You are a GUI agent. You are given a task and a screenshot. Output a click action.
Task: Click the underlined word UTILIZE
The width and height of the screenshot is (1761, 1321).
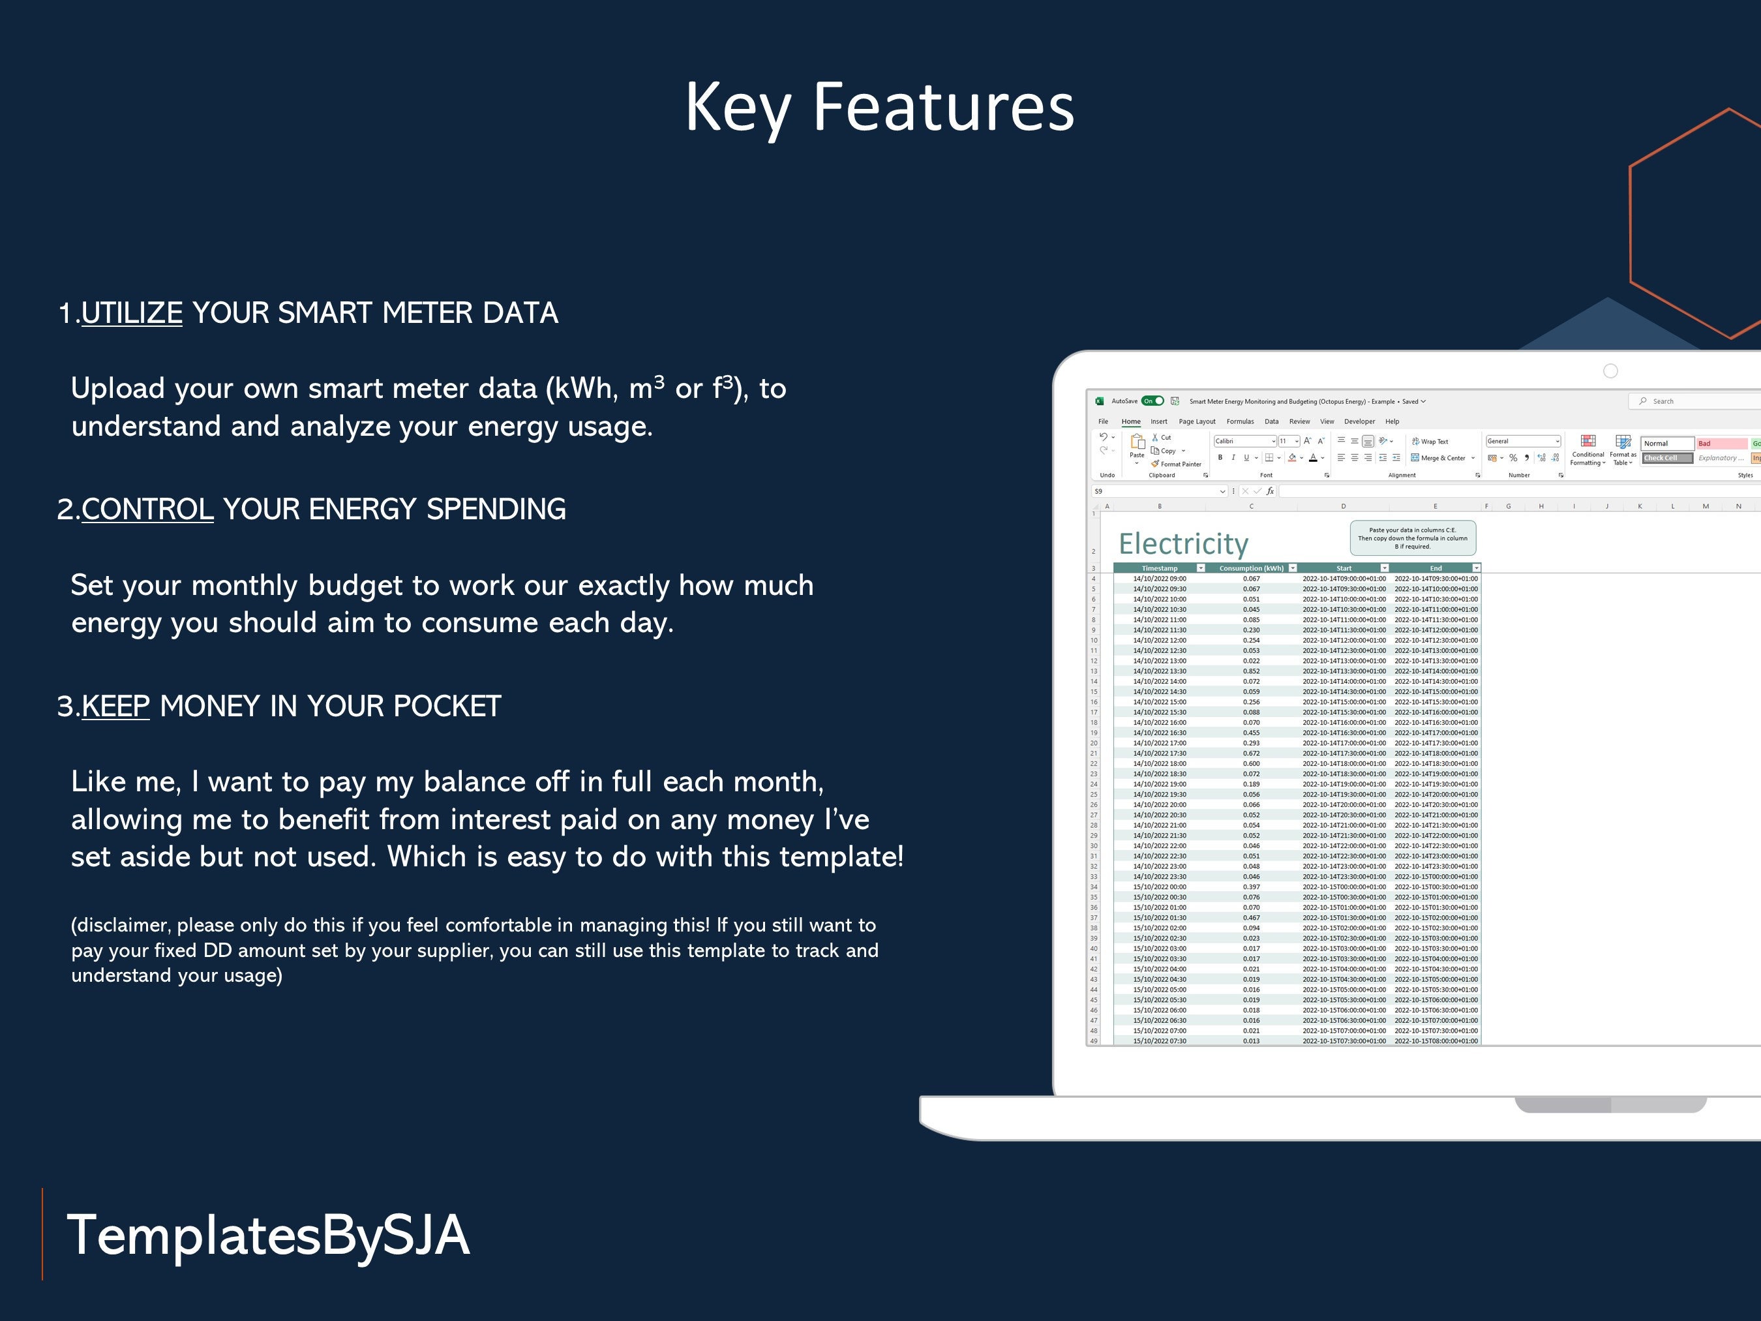132,313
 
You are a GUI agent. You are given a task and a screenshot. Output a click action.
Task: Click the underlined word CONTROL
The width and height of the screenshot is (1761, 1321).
147,509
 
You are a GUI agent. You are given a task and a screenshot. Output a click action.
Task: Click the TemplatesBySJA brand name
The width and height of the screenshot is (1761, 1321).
268,1235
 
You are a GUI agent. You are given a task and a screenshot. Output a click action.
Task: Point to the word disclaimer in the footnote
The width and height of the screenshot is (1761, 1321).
123,925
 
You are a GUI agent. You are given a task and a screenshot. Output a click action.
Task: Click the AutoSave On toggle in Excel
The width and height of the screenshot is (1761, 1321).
1152,401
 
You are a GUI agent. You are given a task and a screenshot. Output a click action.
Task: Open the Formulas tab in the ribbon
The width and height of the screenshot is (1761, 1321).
1239,422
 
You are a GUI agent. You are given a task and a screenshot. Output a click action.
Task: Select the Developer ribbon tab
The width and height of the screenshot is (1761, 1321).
1359,422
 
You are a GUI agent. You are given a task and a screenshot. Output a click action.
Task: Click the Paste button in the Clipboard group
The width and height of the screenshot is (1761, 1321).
1137,446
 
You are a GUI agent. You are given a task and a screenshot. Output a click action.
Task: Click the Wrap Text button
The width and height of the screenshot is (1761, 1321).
1430,442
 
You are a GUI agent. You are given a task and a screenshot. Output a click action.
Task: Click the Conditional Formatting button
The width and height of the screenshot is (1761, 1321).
1588,450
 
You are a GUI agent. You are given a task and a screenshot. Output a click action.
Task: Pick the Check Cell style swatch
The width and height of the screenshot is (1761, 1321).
1666,459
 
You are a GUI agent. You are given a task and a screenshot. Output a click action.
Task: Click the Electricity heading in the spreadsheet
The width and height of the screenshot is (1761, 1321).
1183,544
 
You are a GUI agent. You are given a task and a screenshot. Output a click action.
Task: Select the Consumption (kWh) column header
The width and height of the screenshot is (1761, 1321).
1251,569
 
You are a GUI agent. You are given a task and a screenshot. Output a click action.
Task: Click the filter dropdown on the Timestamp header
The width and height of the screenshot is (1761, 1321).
1201,569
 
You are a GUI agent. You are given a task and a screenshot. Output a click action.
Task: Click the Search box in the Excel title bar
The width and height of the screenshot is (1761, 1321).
1688,401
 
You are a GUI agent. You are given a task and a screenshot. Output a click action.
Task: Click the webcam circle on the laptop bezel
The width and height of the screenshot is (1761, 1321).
1610,371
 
